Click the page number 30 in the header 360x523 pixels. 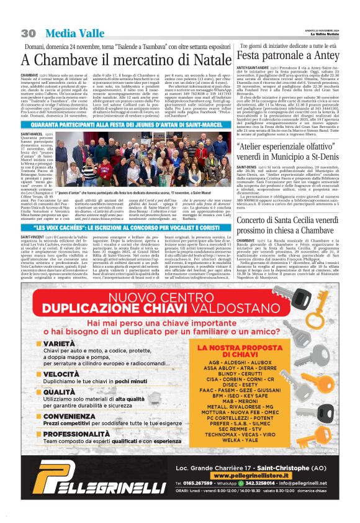[28, 32]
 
